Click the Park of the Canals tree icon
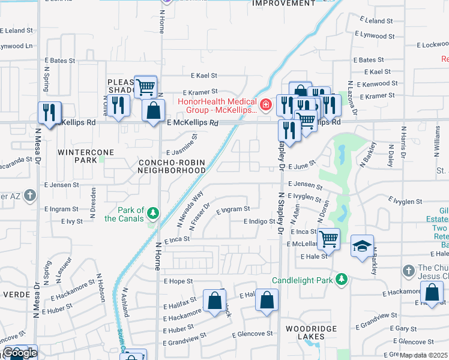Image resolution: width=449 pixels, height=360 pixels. (x=153, y=213)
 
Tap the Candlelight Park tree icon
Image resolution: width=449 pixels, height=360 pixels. (x=342, y=280)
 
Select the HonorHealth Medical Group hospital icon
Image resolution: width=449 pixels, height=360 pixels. (x=266, y=106)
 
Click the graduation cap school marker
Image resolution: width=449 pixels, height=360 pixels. (x=362, y=245)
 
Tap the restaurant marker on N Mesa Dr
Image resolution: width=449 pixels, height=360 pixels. (x=49, y=112)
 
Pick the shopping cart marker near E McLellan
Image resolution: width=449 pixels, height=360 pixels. (x=328, y=238)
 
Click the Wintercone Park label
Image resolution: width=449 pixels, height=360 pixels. (x=77, y=157)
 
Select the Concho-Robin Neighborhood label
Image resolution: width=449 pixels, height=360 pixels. (x=172, y=166)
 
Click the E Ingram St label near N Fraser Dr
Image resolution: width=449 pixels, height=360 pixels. (x=233, y=209)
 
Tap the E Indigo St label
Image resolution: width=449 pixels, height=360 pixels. (x=259, y=222)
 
